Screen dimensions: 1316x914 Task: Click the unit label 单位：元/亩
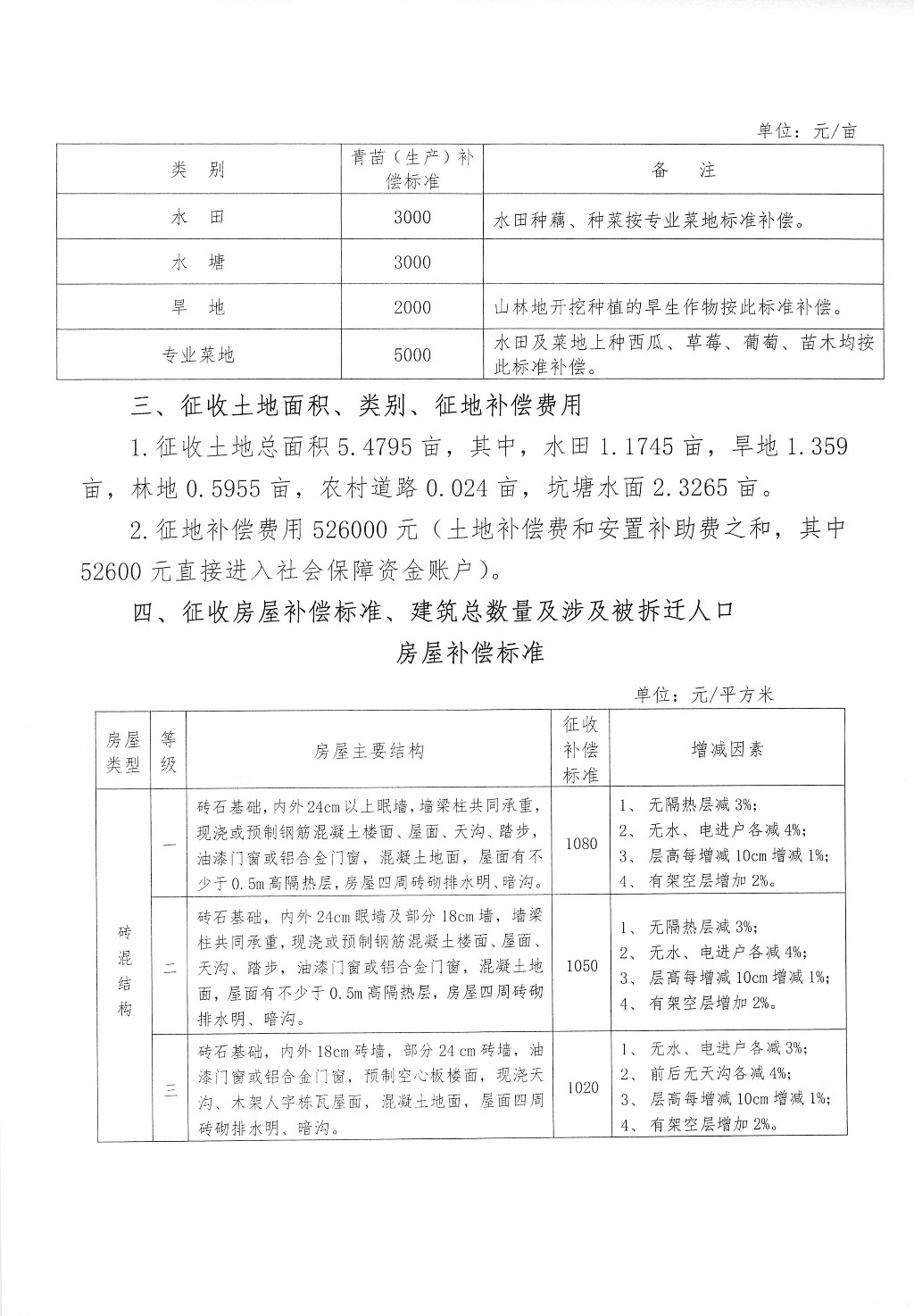click(x=806, y=130)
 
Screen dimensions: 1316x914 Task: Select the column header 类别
click(x=198, y=170)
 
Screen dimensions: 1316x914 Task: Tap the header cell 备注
click(x=684, y=170)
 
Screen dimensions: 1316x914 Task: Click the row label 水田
click(x=198, y=217)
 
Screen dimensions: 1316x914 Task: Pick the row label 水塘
click(x=198, y=262)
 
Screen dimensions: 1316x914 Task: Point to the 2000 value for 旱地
click(x=411, y=308)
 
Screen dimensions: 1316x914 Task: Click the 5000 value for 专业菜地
click(x=411, y=354)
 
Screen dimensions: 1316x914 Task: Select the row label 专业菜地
click(x=198, y=354)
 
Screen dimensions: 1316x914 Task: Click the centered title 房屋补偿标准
click(x=470, y=653)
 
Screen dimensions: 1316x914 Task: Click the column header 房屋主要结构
click(x=369, y=750)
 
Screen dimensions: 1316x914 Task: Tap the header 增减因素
click(x=727, y=749)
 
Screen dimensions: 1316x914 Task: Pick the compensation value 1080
click(x=581, y=843)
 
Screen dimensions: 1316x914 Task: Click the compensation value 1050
click(x=581, y=966)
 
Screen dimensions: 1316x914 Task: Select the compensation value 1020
click(x=581, y=1088)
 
